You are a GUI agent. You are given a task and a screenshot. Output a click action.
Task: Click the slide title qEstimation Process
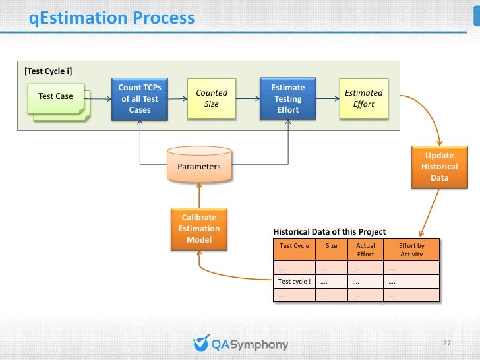[x=112, y=18]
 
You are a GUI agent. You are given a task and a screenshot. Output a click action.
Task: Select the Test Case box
[x=56, y=97]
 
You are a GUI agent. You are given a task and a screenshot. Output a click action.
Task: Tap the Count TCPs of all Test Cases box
[x=140, y=99]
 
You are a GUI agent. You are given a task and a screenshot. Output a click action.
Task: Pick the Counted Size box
[x=211, y=98]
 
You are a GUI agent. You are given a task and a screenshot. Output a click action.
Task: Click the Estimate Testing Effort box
[x=288, y=99]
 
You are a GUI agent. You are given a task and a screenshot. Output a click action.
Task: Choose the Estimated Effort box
[x=363, y=98]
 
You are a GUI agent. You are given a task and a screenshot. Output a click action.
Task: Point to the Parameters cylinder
[x=199, y=166]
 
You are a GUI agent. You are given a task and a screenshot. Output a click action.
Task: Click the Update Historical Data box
[x=439, y=167]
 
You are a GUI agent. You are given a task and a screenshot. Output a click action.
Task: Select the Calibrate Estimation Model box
[x=199, y=228]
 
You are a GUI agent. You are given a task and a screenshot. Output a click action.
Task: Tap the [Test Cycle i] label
[x=48, y=71]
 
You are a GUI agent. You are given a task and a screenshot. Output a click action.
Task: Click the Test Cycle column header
[x=294, y=246]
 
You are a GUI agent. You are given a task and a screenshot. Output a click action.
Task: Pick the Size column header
[x=332, y=246]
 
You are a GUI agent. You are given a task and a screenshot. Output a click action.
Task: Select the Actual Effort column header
[x=365, y=250]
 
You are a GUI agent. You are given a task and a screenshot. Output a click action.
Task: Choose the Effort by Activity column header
[x=411, y=250]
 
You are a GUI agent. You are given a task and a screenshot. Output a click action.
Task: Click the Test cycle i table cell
[x=294, y=282]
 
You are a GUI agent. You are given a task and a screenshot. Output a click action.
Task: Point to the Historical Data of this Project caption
[x=329, y=232]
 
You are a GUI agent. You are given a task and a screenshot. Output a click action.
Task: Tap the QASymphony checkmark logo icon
[x=200, y=344]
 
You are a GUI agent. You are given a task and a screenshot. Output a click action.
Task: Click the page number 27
[x=446, y=344]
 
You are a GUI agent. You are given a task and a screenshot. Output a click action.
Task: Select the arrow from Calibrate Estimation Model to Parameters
[x=199, y=195]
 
